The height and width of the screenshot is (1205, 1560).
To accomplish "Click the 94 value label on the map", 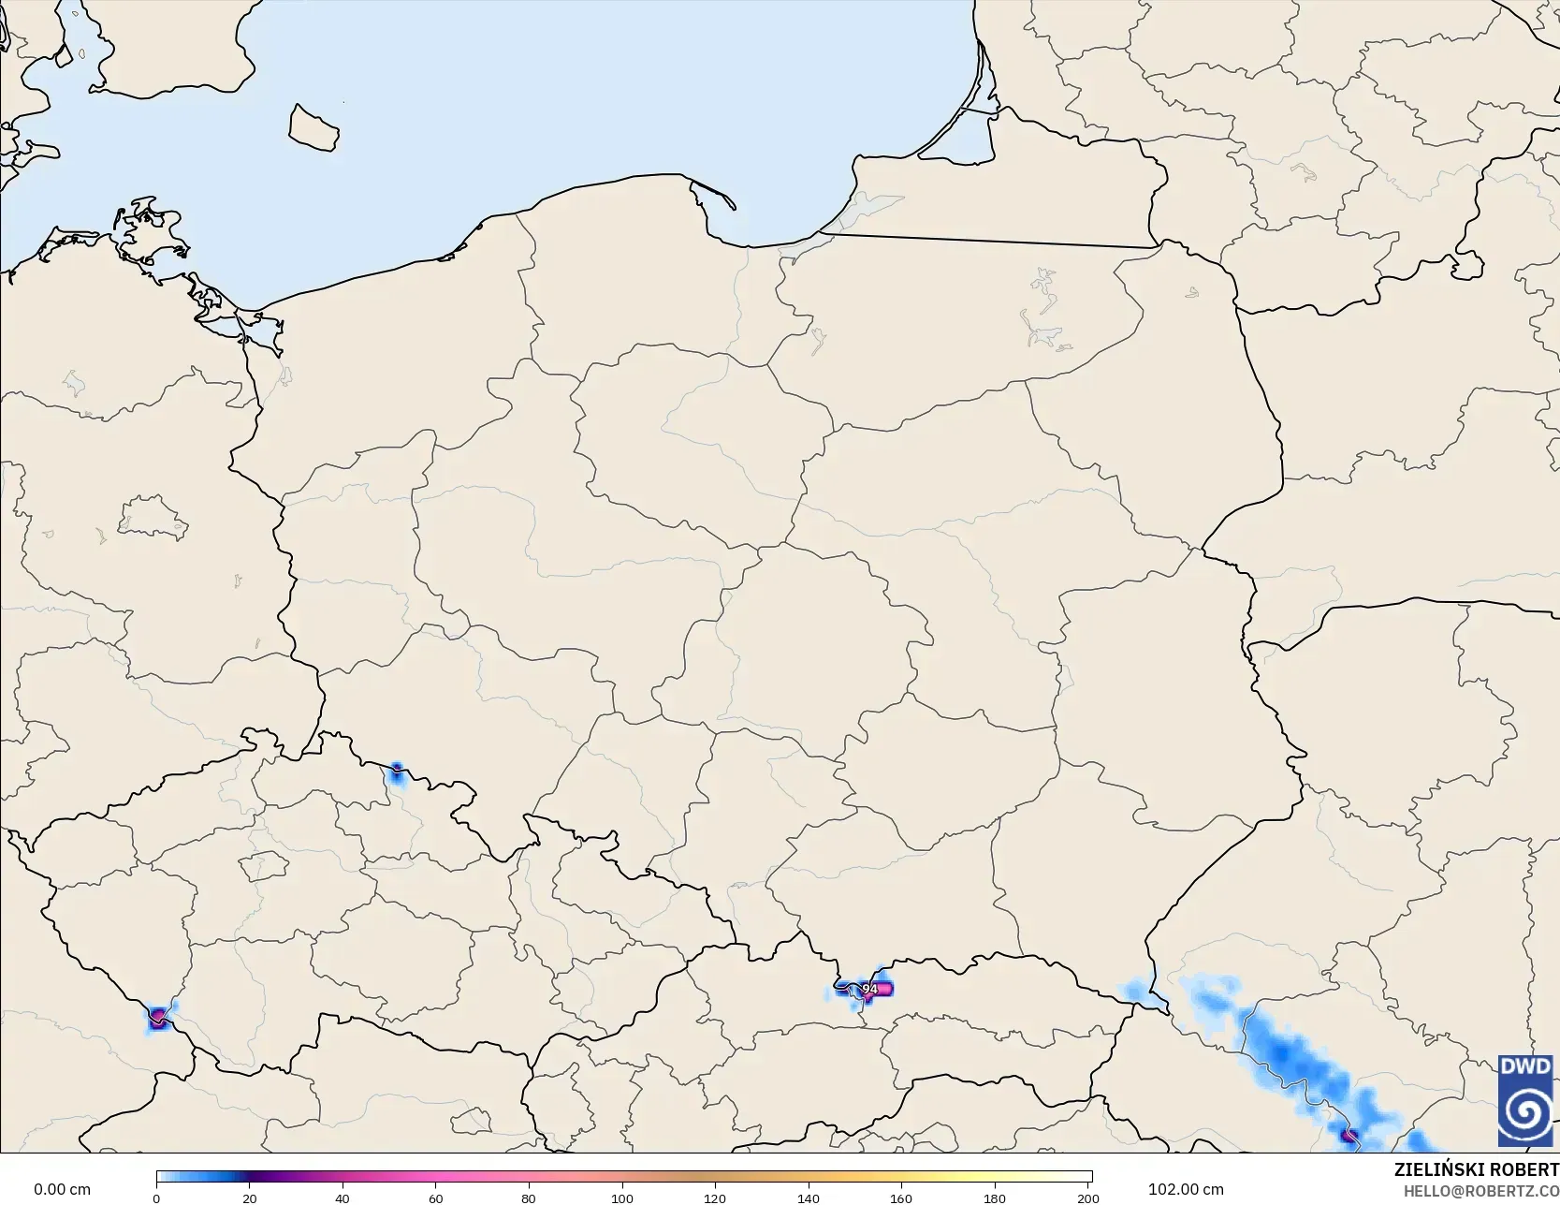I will tap(870, 989).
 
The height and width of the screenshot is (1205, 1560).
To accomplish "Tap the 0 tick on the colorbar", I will tap(156, 1198).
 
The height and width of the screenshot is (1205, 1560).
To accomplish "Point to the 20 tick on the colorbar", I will tap(250, 1198).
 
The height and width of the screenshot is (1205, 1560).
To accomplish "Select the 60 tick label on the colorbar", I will tap(436, 1198).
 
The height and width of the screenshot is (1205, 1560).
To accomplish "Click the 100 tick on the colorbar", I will tap(622, 1198).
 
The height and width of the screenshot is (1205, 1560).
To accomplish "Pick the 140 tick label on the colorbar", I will tap(809, 1198).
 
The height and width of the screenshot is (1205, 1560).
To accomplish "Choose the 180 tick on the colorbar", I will tap(995, 1198).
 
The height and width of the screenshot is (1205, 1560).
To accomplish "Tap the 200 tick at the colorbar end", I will tap(1087, 1198).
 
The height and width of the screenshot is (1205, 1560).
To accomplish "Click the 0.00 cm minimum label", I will tap(62, 1189).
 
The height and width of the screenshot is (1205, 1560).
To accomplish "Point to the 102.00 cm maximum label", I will tap(1186, 1189).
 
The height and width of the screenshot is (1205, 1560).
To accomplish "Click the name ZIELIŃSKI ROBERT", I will tap(1476, 1169).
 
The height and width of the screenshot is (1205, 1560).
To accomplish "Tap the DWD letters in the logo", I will tap(1525, 1066).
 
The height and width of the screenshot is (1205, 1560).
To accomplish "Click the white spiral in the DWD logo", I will tap(1525, 1111).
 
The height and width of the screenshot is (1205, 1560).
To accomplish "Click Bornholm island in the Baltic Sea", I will tap(313, 127).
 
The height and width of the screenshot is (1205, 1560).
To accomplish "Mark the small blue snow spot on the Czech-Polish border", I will tap(396, 773).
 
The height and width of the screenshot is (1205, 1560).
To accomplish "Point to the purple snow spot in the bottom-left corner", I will tap(157, 1017).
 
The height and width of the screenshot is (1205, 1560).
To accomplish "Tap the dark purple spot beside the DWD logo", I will tap(1349, 1136).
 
